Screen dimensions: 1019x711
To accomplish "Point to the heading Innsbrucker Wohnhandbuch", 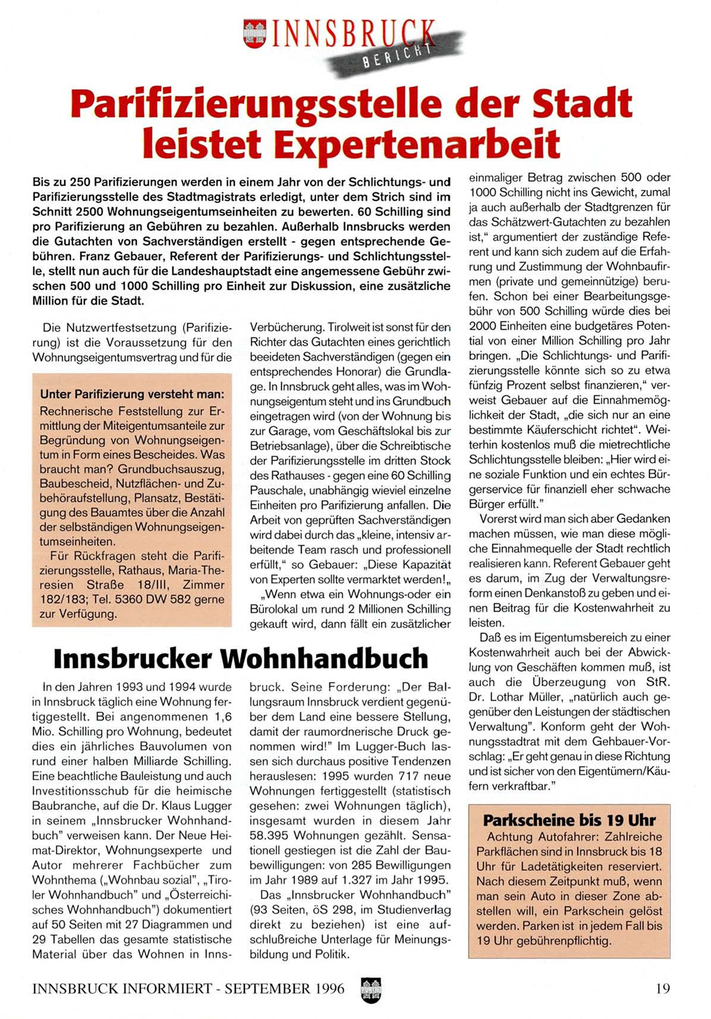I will [241, 658].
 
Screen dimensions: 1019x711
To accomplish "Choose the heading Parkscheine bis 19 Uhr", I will [569, 820].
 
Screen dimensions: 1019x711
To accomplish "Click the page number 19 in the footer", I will [662, 989].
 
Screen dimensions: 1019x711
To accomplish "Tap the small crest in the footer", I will [370, 989].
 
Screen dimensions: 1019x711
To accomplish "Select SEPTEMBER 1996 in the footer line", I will [285, 989].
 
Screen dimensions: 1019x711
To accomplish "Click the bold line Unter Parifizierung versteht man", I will [132, 394].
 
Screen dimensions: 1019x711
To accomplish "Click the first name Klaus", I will [180, 806].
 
